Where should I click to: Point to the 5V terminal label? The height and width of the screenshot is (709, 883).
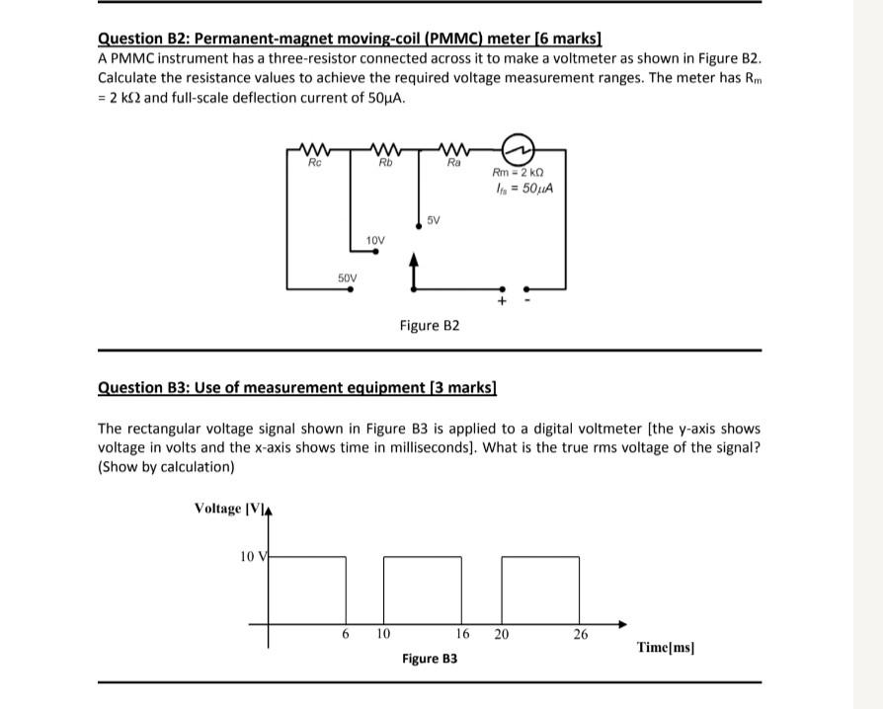click(435, 220)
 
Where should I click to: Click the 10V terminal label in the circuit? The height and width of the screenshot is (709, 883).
click(375, 240)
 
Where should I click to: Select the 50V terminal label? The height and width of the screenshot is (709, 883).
click(348, 278)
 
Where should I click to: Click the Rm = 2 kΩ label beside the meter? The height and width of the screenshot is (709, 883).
click(521, 175)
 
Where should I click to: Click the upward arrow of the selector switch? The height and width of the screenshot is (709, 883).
click(412, 264)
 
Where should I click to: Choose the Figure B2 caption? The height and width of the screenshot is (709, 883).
click(430, 325)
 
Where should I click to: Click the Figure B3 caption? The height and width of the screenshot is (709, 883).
click(430, 658)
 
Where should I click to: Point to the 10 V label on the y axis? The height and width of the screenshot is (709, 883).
click(253, 557)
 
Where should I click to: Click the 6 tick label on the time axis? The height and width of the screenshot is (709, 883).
click(346, 635)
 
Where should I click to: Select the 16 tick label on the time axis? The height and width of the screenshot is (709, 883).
click(462, 635)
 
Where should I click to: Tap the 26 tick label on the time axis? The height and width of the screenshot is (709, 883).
click(581, 635)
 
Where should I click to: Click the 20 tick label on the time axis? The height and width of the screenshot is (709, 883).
click(501, 635)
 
